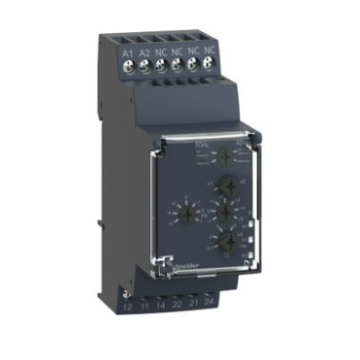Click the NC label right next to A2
[x=161, y=50]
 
